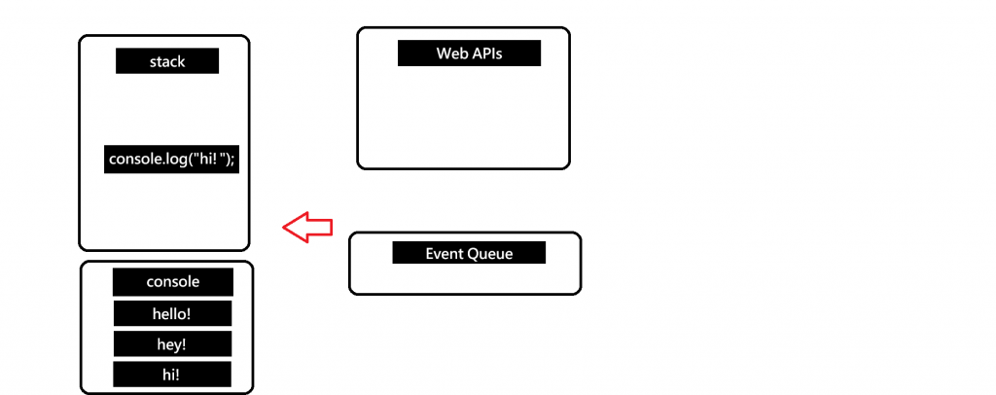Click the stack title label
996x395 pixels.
167,61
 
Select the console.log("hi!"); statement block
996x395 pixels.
171,159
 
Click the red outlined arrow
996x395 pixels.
307,227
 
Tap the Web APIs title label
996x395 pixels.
469,53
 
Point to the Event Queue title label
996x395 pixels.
469,253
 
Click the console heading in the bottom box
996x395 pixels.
173,282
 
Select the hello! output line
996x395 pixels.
172,313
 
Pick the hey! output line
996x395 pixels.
172,343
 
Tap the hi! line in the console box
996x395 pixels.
172,375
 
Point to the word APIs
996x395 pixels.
485,53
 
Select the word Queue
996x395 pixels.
491,253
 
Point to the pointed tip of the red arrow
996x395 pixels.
284,227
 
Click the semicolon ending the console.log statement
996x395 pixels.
233,160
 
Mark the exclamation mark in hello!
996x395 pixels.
190,313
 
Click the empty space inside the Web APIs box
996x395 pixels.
463,117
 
